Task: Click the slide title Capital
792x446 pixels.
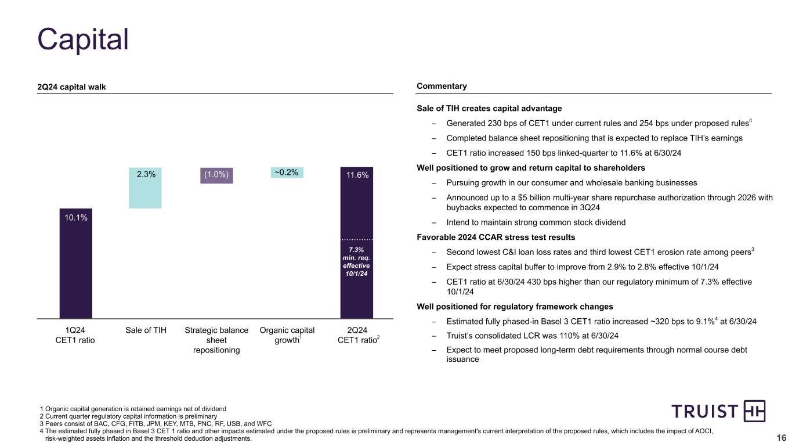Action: pos(83,39)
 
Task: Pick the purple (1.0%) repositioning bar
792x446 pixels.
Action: pos(216,175)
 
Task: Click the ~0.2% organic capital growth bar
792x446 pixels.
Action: pos(287,172)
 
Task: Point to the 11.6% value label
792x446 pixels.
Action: pos(357,174)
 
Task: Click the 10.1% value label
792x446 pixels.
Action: pos(76,218)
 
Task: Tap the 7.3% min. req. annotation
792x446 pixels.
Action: pos(357,262)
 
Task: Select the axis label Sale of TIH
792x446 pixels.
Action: pos(146,330)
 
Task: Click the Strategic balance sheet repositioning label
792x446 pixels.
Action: pos(216,340)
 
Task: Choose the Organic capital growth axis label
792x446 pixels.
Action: pos(287,335)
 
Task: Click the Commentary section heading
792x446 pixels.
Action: pos(442,87)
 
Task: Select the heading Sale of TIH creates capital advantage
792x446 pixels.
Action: pos(489,108)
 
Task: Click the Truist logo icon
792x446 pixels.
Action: pos(754,411)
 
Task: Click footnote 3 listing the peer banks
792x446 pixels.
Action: pos(155,423)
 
